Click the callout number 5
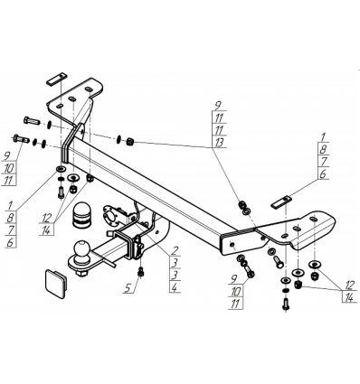pyautogui.click(x=128, y=288)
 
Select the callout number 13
pyautogui.click(x=219, y=142)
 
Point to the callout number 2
pyautogui.click(x=175, y=250)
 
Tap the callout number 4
pyautogui.click(x=175, y=287)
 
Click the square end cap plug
pyautogui.click(x=56, y=284)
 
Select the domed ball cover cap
pyautogui.click(x=81, y=213)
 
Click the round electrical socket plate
pyautogui.click(x=109, y=216)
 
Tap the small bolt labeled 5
pyautogui.click(x=140, y=272)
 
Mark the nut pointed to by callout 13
pyautogui.click(x=130, y=141)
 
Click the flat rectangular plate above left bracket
pyautogui.click(x=56, y=79)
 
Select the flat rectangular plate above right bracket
pyautogui.click(x=281, y=202)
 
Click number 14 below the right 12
pyautogui.click(x=349, y=298)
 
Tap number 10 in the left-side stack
pyautogui.click(x=9, y=168)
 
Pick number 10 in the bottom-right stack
pyautogui.click(x=236, y=291)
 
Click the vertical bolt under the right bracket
pyautogui.click(x=285, y=304)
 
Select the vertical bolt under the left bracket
pyautogui.click(x=61, y=192)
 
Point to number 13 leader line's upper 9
pyautogui.click(x=218, y=105)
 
